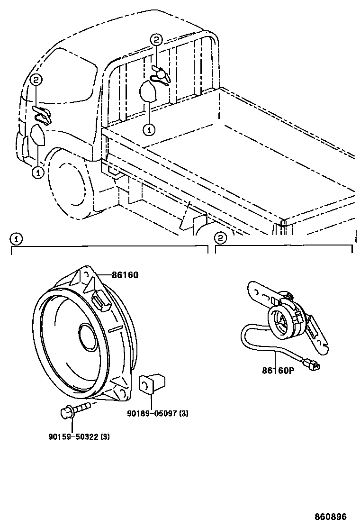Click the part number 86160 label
(125, 275)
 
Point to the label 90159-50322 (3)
(79, 437)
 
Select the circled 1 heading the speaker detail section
(16, 238)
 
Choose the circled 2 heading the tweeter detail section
(220, 238)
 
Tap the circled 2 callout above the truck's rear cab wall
(156, 40)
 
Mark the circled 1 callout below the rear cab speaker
(148, 128)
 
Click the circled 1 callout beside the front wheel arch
(37, 173)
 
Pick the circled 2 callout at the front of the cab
(37, 81)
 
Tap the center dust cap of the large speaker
(88, 338)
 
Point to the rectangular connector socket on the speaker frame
(100, 300)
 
